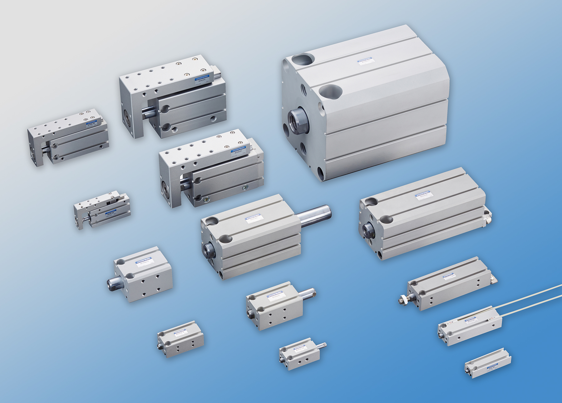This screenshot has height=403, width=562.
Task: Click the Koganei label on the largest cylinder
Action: point(365,60)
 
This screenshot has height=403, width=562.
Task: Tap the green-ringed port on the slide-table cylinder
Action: point(245,188)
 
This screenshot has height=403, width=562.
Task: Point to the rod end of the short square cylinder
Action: point(111,283)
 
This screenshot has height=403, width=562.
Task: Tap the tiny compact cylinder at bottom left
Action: point(180,339)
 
